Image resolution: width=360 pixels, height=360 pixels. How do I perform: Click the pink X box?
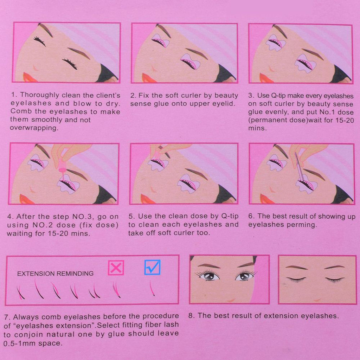[x=116, y=268]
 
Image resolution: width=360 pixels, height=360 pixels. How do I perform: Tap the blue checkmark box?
[x=153, y=267]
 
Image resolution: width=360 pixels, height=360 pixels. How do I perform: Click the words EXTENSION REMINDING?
[x=55, y=274]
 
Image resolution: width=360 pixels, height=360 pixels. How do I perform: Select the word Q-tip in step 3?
[x=274, y=96]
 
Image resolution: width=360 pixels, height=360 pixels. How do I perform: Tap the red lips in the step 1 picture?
[x=29, y=77]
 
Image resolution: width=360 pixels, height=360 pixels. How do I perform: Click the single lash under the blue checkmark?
[x=152, y=288]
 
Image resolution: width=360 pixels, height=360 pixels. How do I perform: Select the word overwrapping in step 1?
[x=34, y=128]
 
